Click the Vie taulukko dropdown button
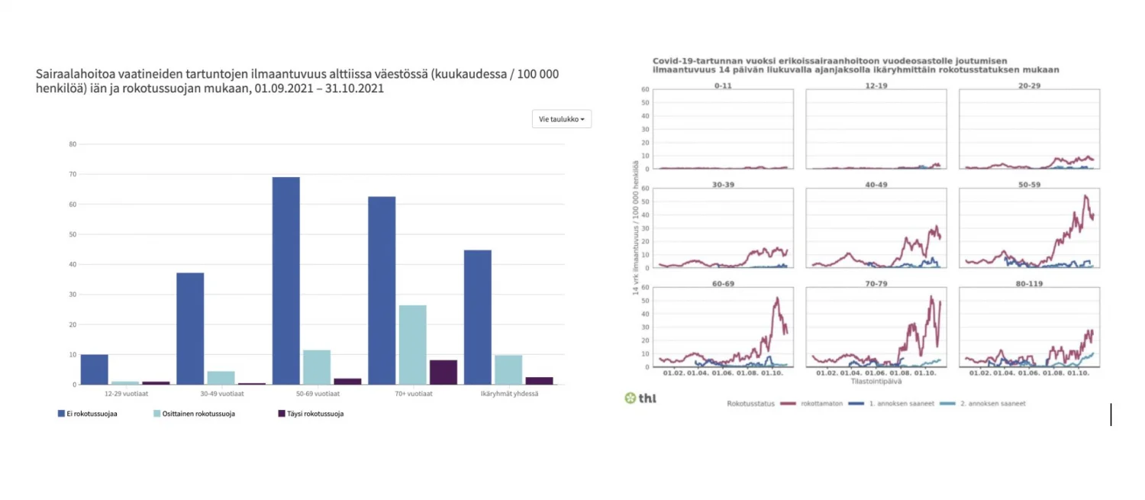(562, 119)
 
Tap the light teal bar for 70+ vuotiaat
(412, 345)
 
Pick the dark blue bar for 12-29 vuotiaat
(95, 369)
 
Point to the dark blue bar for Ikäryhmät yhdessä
(478, 318)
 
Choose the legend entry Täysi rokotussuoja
(310, 414)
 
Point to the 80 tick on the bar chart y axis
(73, 144)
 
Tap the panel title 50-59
(1029, 183)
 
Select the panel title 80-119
(1029, 282)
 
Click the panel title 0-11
(723, 85)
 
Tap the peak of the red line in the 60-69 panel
(777, 298)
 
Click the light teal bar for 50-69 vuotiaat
(316, 367)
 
